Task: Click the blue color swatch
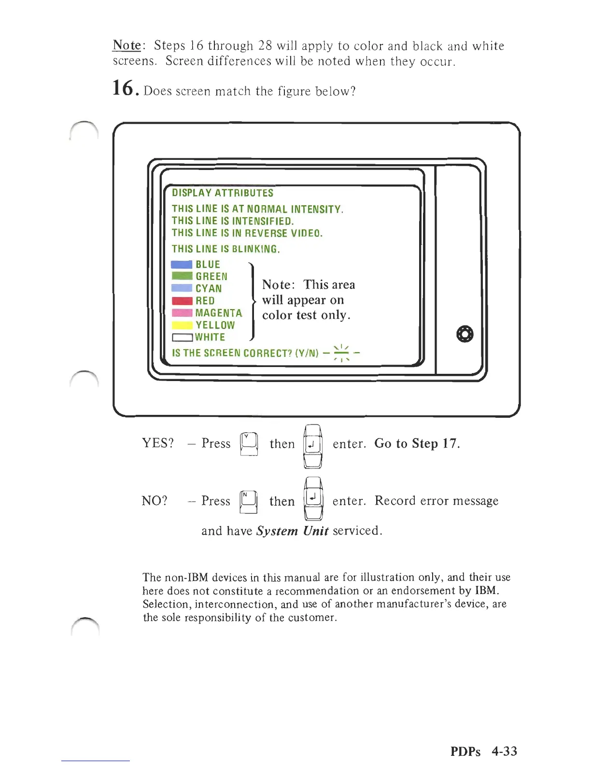click(x=182, y=265)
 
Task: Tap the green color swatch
click(x=182, y=276)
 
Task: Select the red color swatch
click(x=182, y=301)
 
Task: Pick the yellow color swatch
click(x=182, y=326)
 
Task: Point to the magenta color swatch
click(x=182, y=313)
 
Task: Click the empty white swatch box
click(x=182, y=338)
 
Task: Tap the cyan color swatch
click(x=182, y=288)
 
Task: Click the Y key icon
click(x=249, y=443)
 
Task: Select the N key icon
click(x=248, y=501)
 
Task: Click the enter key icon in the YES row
click(x=313, y=445)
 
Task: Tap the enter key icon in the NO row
click(x=313, y=498)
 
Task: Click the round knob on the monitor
click(x=464, y=334)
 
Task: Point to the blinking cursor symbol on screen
click(x=341, y=353)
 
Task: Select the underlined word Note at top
click(x=127, y=45)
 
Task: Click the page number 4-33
click(x=504, y=751)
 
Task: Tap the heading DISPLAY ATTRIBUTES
click(x=223, y=193)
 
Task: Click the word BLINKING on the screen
click(x=255, y=249)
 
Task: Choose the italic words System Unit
click(x=292, y=531)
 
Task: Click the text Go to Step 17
click(x=417, y=443)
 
